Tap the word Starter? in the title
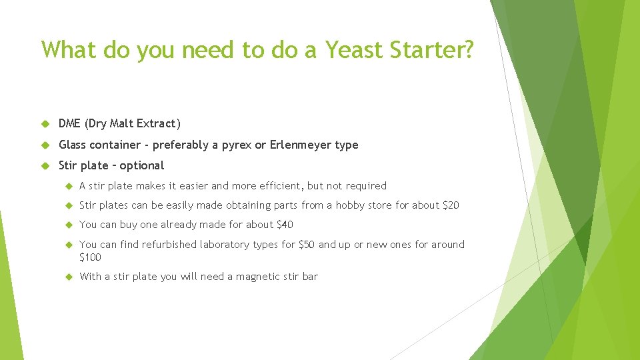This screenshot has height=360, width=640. pyautogui.click(x=436, y=49)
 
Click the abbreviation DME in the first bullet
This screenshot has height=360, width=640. pyautogui.click(x=71, y=123)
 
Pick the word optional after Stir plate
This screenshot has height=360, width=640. pyautogui.click(x=141, y=165)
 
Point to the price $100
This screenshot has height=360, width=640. pyautogui.click(x=91, y=257)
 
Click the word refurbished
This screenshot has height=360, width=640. pyautogui.click(x=169, y=245)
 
